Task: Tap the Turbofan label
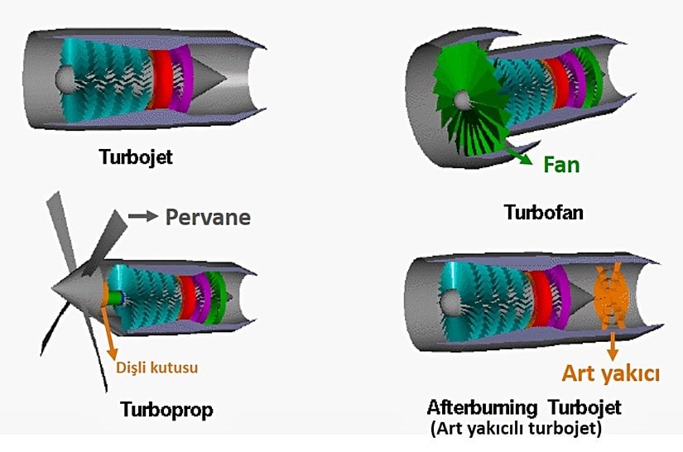543,213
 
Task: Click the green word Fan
560,164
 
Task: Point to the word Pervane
207,218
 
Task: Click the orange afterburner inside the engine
611,302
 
